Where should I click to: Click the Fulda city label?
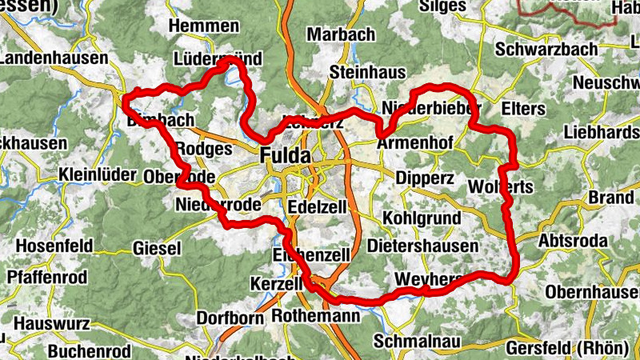click(285, 155)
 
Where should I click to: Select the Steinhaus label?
click(367, 72)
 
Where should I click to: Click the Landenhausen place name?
click(54, 58)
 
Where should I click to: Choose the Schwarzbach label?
click(546, 49)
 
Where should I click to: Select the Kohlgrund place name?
click(422, 218)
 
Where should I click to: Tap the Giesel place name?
click(158, 248)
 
